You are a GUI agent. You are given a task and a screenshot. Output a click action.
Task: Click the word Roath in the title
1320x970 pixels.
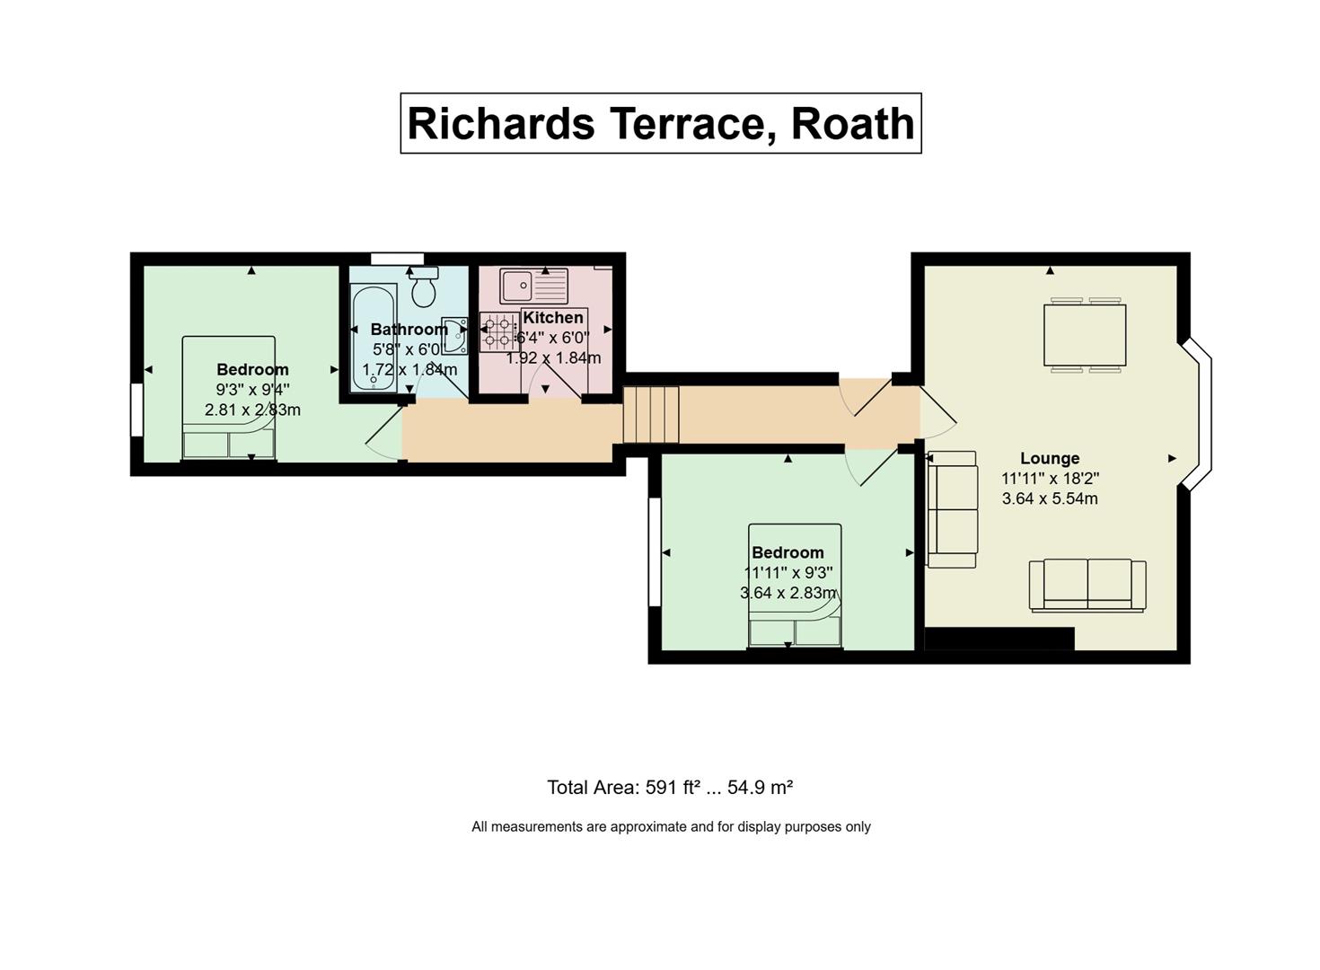[x=852, y=124]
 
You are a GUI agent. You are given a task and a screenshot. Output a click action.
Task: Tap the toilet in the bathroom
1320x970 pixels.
[x=424, y=287]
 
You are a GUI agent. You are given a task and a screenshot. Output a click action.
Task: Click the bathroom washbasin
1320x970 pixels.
[x=455, y=336]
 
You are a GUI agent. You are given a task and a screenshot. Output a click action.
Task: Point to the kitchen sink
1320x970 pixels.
[x=534, y=286]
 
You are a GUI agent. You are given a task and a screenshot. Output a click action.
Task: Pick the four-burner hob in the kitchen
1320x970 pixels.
[x=497, y=331]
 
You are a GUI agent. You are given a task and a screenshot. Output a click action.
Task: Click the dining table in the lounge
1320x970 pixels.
[x=1085, y=335]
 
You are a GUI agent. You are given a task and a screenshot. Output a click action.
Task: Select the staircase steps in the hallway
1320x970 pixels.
[x=651, y=414]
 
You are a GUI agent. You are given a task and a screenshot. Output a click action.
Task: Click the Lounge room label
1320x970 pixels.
[x=1050, y=458]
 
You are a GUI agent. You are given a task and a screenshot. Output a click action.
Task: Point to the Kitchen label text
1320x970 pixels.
[x=553, y=318]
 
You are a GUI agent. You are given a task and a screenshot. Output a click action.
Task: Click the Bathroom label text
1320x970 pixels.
[x=409, y=329]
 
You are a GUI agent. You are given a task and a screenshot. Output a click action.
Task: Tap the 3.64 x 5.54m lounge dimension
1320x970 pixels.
[x=1050, y=498]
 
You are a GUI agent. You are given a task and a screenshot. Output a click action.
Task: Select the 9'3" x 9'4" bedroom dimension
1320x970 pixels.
[x=253, y=390]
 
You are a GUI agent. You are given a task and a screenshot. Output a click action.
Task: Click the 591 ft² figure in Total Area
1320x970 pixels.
[x=673, y=788]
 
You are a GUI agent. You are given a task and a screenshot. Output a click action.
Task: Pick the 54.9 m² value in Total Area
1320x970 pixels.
[x=761, y=788]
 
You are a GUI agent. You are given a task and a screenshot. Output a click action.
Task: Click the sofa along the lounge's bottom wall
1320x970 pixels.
[x=1087, y=586]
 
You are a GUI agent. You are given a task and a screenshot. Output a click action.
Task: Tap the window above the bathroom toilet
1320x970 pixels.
[x=397, y=259]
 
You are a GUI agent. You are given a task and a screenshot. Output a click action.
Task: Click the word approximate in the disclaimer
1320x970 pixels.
[x=647, y=827]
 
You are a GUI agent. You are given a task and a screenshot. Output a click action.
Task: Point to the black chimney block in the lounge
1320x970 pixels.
[x=999, y=639]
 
